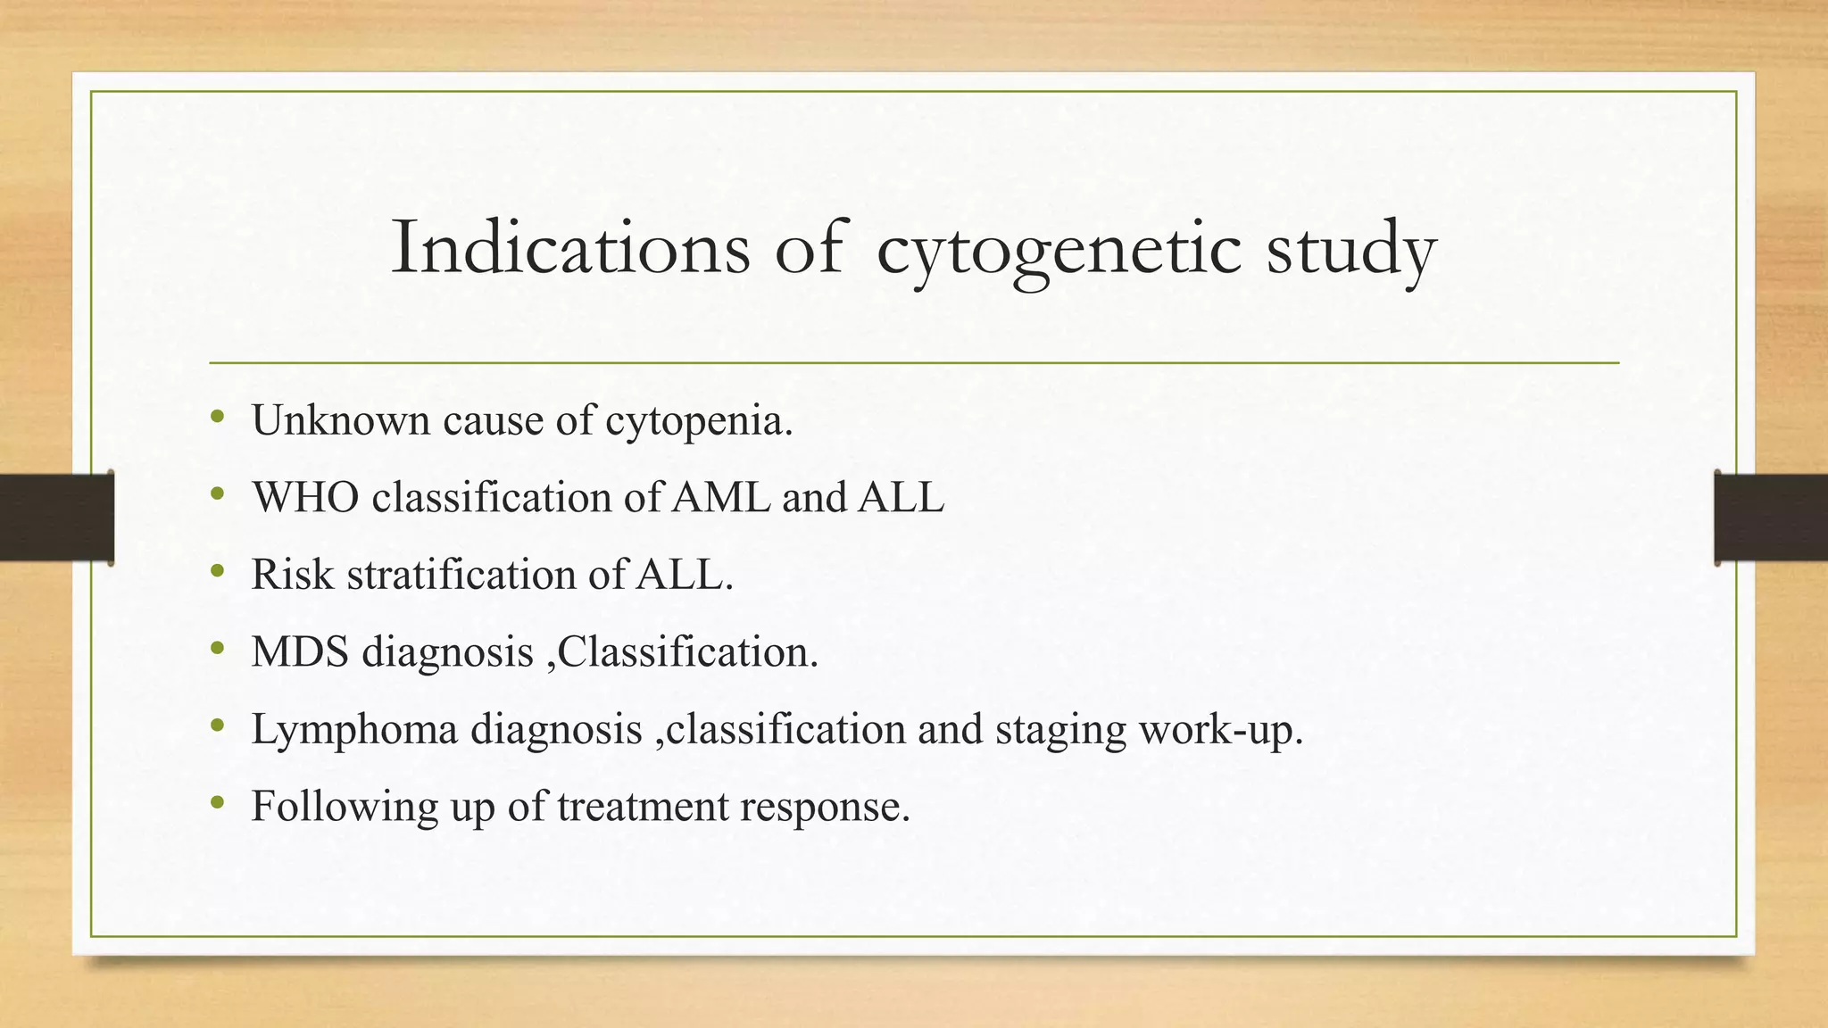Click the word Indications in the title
pyautogui.click(x=570, y=247)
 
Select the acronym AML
pyautogui.click(x=720, y=497)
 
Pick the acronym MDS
pyautogui.click(x=300, y=651)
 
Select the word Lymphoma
pyautogui.click(x=354, y=729)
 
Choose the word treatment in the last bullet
pyautogui.click(x=643, y=807)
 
